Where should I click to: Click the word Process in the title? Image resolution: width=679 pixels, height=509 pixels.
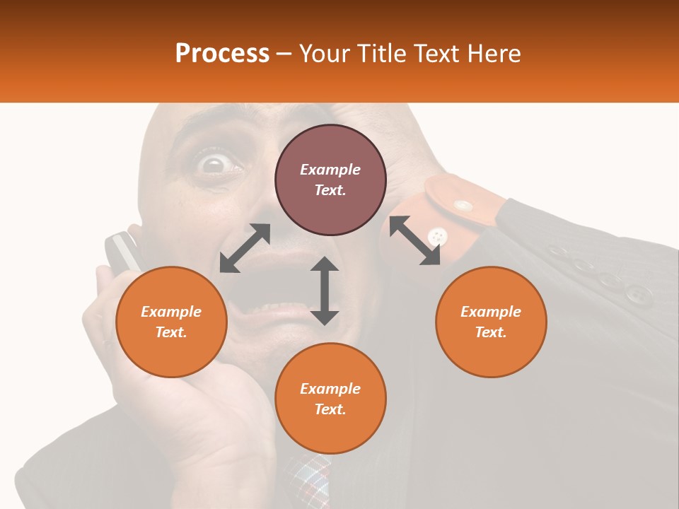pos(222,54)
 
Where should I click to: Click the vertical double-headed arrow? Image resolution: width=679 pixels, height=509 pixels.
pos(325,291)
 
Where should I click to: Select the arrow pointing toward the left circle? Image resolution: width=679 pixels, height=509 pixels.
pos(245,248)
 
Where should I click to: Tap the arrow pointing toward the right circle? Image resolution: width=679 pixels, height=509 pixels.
pos(414,240)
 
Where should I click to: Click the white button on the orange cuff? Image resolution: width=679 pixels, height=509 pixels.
pos(438,236)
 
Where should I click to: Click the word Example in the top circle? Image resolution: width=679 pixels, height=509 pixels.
pos(330,170)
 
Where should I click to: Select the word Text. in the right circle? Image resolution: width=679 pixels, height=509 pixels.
pos(491,332)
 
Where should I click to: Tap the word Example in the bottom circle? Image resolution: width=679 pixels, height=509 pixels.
pos(330,389)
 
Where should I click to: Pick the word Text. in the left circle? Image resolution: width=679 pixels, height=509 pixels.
pos(171,332)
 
